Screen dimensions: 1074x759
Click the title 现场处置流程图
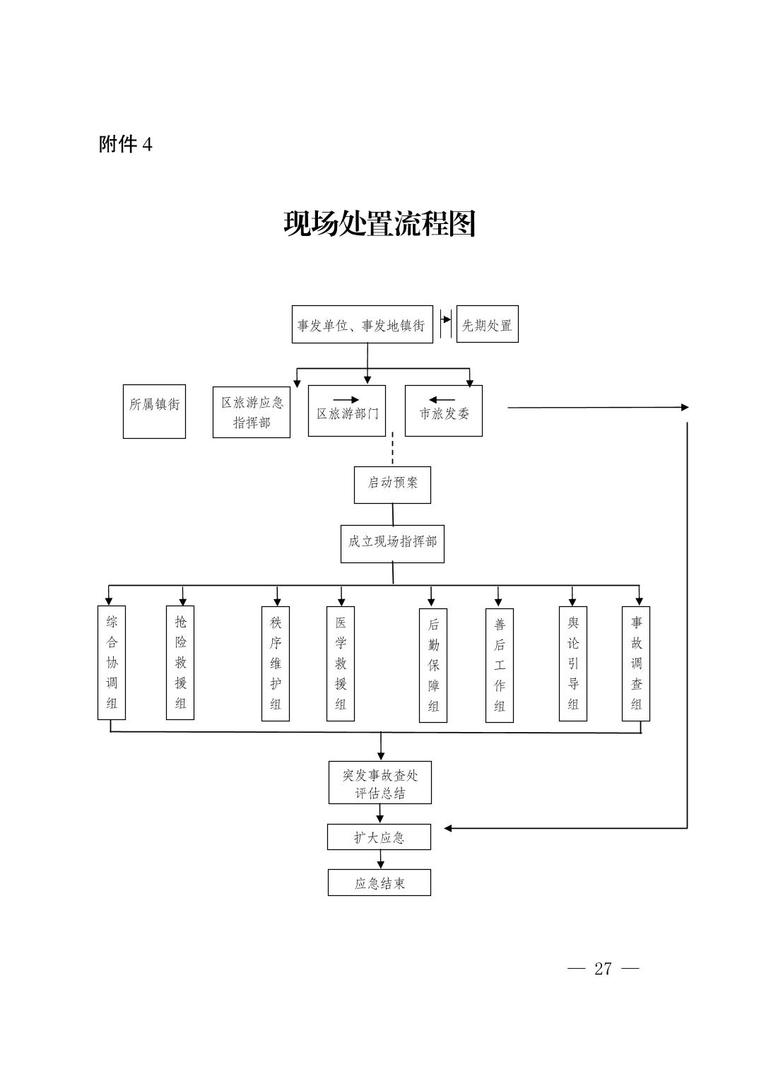pos(379,224)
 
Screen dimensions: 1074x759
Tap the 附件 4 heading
pos(126,145)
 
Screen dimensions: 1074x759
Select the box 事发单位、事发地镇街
pos(362,325)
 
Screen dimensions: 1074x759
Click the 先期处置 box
pos(487,325)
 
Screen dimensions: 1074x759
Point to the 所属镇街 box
pos(154,411)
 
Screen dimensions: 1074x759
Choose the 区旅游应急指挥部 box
pos(252,412)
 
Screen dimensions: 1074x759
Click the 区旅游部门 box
pos(347,412)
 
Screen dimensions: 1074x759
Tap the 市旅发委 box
pos(443,412)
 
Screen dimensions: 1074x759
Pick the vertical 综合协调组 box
pos(112,662)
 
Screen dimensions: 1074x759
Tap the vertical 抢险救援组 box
pos(180,662)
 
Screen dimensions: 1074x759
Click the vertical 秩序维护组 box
pos(276,663)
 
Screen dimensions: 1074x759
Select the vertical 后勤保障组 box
pos(433,665)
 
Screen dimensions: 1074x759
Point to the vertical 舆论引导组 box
pos(573,663)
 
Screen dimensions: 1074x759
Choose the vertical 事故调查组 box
pos(636,663)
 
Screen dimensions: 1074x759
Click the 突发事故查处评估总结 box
pos(380,783)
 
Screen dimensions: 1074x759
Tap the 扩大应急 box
pos(379,837)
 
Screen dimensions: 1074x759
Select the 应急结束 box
pos(379,883)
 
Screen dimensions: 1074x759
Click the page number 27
pos(603,968)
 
